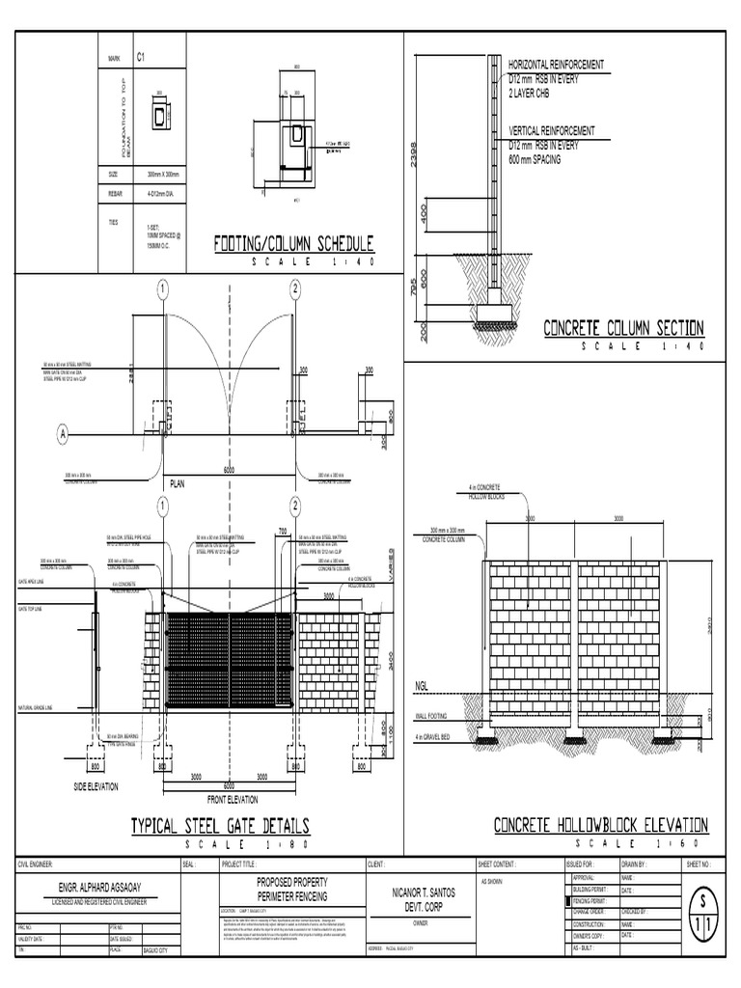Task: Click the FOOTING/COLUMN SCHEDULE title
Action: tap(293, 243)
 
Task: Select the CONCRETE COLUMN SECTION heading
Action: tap(624, 328)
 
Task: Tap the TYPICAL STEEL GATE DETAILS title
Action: tap(220, 826)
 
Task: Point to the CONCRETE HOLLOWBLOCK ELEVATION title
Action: tap(601, 826)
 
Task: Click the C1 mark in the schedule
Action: tap(142, 60)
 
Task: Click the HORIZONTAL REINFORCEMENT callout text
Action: tap(557, 64)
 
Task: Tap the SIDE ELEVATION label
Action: tap(96, 787)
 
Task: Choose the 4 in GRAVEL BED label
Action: tap(438, 738)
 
